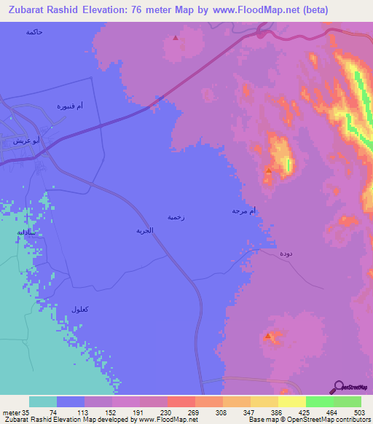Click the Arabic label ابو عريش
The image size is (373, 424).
tap(15, 141)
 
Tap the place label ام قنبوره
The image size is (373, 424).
tap(71, 106)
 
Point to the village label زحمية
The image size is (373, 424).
tap(176, 216)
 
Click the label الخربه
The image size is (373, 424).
tap(144, 229)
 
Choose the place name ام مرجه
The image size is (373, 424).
tap(245, 210)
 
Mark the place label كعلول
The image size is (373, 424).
tap(81, 310)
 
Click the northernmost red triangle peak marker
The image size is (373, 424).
tap(175, 39)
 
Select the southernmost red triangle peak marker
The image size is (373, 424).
tap(268, 336)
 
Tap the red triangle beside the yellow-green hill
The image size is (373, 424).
tap(269, 171)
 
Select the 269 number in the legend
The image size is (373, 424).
tap(195, 412)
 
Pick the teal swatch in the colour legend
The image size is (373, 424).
tap(42, 401)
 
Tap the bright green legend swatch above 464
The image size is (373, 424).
tap(319, 401)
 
